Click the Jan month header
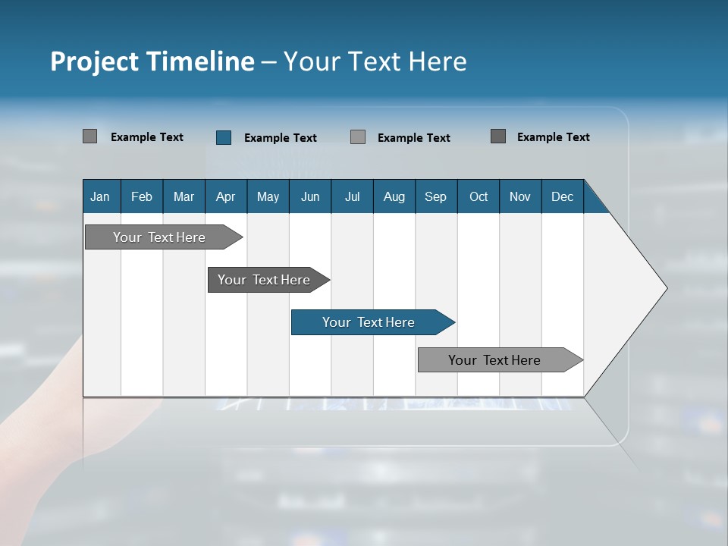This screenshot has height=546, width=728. pos(100,196)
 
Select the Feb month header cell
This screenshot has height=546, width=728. pos(142,196)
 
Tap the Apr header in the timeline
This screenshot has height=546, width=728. pos(225,196)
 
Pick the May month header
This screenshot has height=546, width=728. pos(268,196)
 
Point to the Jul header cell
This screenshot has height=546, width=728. pos(352,196)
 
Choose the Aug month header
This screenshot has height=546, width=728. pos(394,196)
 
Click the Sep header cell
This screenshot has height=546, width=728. pos(435,196)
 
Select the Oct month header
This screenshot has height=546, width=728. pos(479,196)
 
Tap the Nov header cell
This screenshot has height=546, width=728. pos(520,196)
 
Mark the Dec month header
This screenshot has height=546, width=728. pos(562,196)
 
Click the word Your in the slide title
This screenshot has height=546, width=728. pos(310,61)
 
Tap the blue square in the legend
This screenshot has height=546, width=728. pos(224,137)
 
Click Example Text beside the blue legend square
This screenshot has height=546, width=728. pos(280,137)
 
